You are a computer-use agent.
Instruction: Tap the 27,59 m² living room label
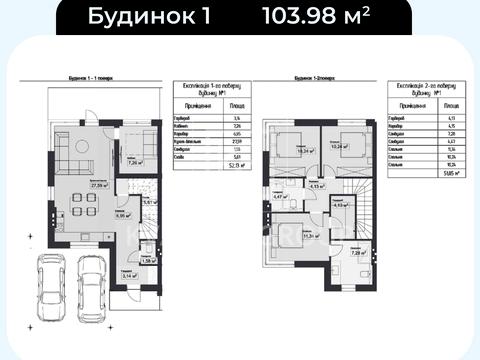99,185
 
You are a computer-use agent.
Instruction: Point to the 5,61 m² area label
148,203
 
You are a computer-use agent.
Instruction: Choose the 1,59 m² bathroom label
148,260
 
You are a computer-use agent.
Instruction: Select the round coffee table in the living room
84,162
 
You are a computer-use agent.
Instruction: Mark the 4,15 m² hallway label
318,187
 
